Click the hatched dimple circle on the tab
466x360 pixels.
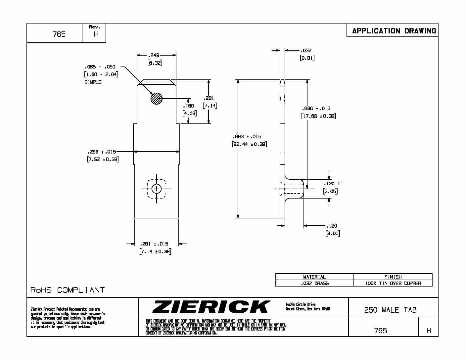coord(157,98)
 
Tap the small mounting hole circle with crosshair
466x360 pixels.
coord(157,189)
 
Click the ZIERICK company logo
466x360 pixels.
coord(211,307)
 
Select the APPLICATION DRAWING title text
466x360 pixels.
coord(394,31)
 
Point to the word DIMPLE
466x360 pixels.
coord(93,82)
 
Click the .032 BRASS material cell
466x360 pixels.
coord(314,283)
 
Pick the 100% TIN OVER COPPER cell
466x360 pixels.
coord(393,283)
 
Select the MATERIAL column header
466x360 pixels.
coord(314,277)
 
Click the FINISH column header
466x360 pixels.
coord(393,277)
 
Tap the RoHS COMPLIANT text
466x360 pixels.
coord(68,290)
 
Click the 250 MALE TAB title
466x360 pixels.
coord(390,310)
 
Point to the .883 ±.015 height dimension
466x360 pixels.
coord(247,136)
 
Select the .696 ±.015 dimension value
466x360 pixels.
coord(316,108)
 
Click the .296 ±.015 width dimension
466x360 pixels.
coord(102,152)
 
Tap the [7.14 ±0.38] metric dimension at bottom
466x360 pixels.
coord(155,251)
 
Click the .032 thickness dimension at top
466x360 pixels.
coord(306,50)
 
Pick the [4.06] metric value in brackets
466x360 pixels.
coord(189,113)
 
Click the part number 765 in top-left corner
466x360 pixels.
coord(59,34)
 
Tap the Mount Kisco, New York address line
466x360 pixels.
coord(308,309)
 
